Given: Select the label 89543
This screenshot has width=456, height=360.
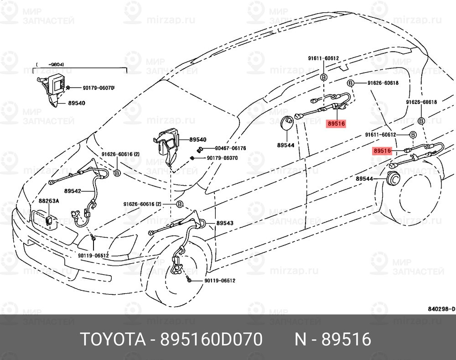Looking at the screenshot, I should click(225, 223).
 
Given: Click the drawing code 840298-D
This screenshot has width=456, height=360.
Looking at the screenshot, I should click(440, 309).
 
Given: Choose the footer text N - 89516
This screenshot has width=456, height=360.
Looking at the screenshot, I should click(332, 339).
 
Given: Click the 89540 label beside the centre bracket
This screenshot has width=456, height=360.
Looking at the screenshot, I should click(197, 140).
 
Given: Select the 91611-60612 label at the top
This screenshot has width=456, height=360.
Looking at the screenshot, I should click(323, 58).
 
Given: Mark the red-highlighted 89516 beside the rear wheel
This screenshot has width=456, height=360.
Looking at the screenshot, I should click(382, 151).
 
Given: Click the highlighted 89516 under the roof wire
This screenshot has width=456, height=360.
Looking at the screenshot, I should click(336, 123).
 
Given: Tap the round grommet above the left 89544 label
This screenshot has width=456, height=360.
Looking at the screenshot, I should click(287, 123).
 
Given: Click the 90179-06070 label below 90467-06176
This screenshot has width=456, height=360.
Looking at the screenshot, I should click(222, 158).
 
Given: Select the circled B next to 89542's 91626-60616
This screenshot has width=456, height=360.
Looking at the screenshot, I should click(117, 173).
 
